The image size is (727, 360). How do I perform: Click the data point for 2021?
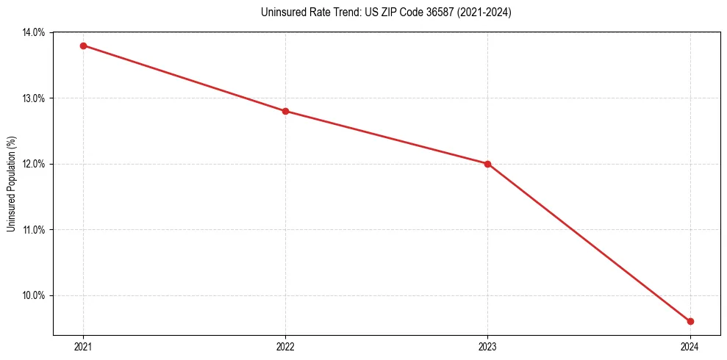point(83,46)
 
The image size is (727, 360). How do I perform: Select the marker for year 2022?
point(285,111)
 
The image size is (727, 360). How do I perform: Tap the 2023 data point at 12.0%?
point(487,164)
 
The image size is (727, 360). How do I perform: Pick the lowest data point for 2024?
point(690,321)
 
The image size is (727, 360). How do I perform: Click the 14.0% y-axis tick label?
point(35,32)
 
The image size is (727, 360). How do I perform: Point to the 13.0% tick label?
point(35,98)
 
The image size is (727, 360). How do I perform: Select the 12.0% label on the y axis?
point(35,164)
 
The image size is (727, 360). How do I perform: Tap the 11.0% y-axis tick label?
point(35,230)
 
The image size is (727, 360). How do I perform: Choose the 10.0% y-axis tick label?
point(35,295)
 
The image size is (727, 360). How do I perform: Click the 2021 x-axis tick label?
point(83,346)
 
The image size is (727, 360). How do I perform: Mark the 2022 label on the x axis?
point(285,346)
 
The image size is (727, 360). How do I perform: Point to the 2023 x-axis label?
point(487,346)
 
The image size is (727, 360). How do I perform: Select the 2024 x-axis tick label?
point(690,346)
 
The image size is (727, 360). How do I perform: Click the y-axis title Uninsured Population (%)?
point(11,184)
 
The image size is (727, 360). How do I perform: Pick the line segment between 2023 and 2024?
point(589,242)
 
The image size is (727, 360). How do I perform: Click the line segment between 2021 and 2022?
point(184,78)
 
